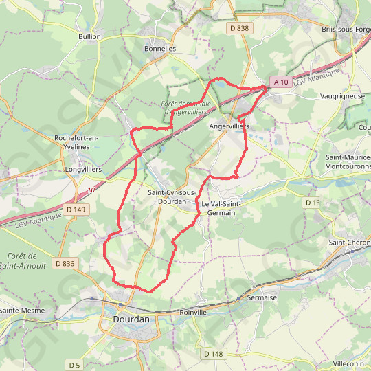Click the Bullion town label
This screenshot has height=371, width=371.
coord(89,36)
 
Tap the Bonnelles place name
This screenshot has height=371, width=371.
coord(160,49)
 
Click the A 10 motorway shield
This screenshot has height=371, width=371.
coord(280,82)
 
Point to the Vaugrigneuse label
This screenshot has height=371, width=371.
coord(342,96)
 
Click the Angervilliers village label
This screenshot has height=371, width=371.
coord(229,127)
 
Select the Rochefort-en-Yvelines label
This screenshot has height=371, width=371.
coord(77,142)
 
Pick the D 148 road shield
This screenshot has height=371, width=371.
coord(214,353)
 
